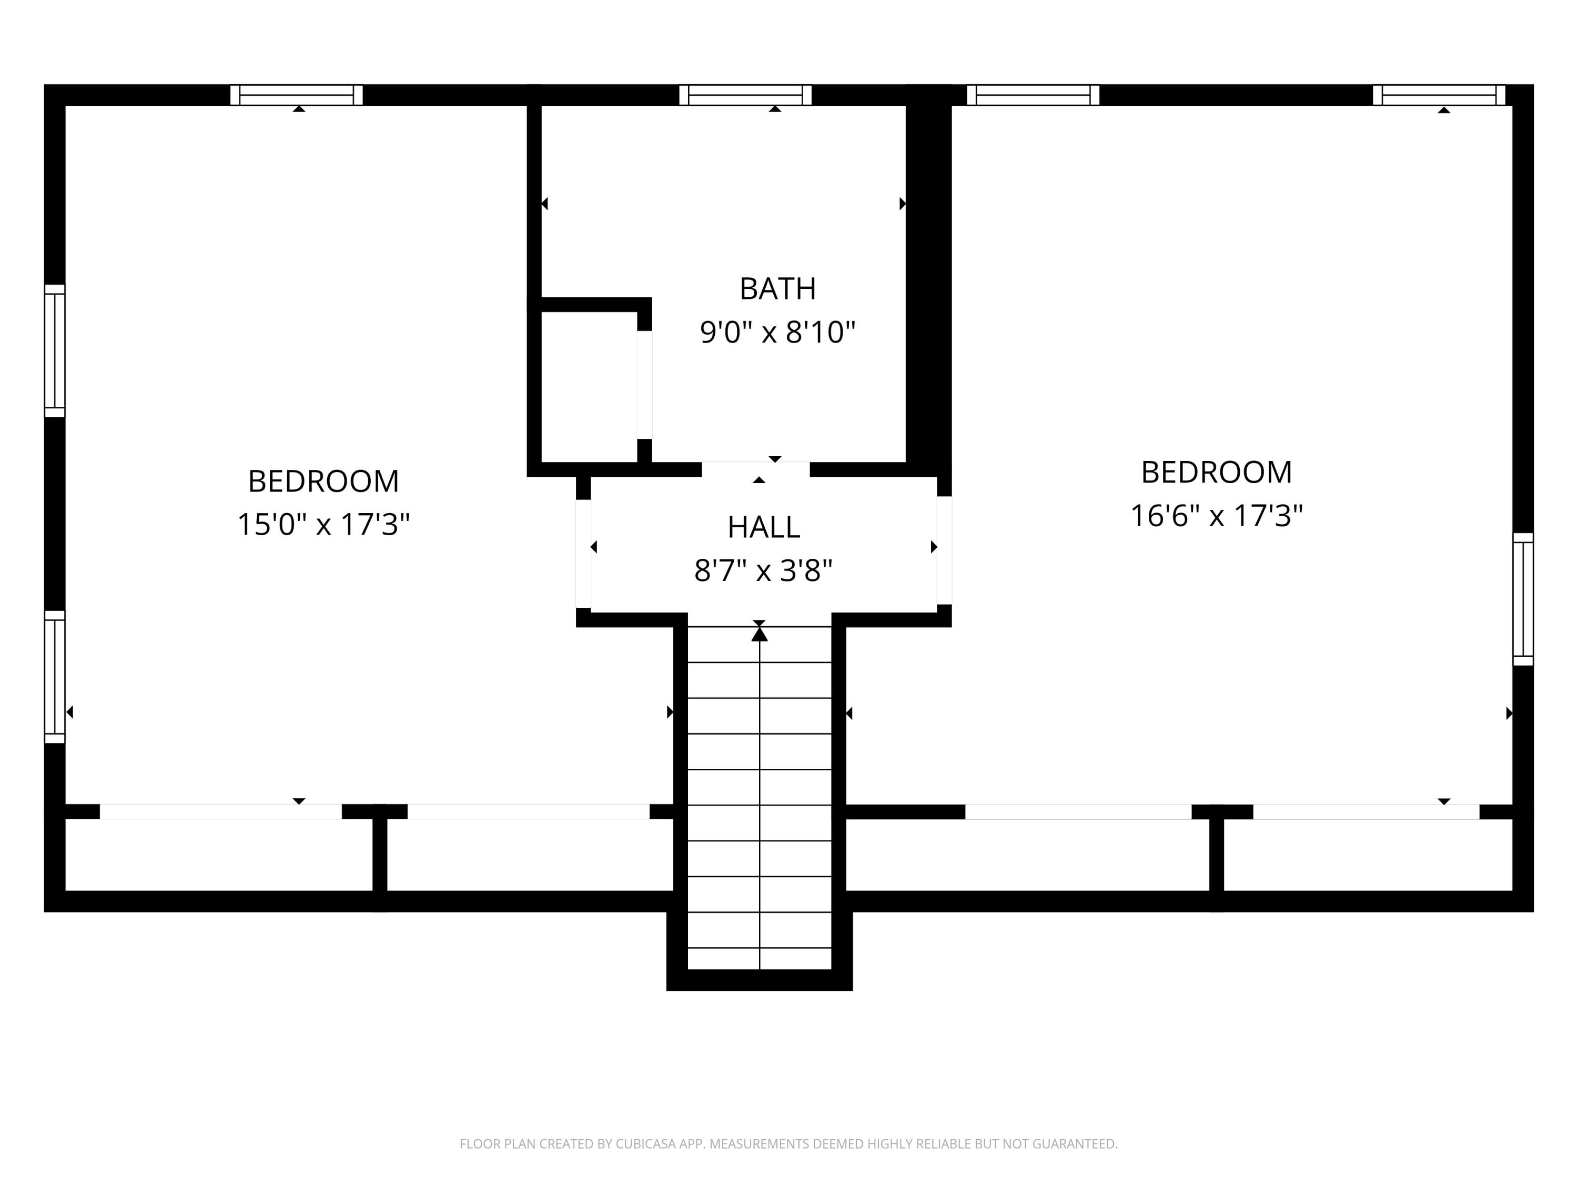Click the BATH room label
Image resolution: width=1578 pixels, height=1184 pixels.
click(x=777, y=289)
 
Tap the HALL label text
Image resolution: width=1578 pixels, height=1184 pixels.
click(x=763, y=527)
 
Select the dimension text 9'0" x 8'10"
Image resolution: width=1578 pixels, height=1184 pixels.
click(x=777, y=333)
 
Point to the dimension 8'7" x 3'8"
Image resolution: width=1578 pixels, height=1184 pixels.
click(x=763, y=571)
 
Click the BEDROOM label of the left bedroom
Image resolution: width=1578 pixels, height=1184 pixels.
click(x=323, y=481)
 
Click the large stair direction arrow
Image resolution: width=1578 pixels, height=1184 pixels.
click(x=759, y=634)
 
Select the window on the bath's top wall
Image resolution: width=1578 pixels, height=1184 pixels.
click(x=745, y=95)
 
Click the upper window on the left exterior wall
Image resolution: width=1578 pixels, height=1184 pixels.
click(x=55, y=350)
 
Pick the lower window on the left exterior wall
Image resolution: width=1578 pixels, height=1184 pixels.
click(x=55, y=677)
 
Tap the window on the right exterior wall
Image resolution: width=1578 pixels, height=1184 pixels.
click(x=1523, y=599)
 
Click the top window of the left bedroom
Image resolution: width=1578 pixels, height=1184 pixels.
click(x=296, y=95)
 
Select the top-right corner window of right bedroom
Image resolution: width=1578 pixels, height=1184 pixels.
click(x=1439, y=95)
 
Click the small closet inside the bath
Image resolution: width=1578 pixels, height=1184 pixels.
click(x=589, y=387)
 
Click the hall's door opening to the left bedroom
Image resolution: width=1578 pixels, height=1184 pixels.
click(x=583, y=553)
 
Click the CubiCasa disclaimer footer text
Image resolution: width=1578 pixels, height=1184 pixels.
click(x=788, y=1144)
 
